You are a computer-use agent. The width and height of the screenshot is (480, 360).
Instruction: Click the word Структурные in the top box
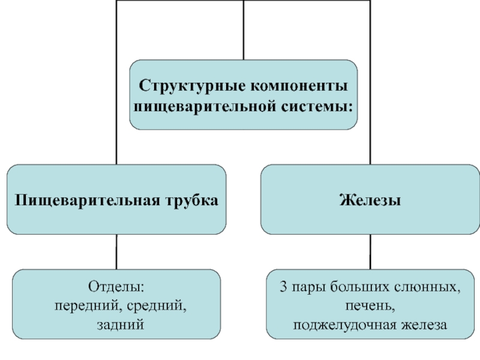(x=192, y=85)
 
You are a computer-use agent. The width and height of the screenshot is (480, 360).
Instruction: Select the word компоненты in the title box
(x=299, y=86)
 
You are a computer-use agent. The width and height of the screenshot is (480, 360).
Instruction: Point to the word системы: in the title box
(x=317, y=107)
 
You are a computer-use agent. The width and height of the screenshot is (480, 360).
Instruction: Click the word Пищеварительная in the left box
(x=87, y=200)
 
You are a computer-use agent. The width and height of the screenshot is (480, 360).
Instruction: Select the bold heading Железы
(x=370, y=200)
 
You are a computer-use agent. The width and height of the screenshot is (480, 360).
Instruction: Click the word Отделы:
(x=116, y=287)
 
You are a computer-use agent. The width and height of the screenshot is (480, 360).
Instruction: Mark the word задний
(x=121, y=325)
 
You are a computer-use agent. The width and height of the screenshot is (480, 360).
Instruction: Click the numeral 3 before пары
(x=284, y=287)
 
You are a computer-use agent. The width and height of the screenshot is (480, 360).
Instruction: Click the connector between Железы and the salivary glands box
(x=370, y=252)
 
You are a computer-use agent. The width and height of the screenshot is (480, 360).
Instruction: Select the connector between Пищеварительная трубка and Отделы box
(x=116, y=252)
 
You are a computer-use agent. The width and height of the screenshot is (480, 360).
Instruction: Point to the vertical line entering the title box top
(x=244, y=30)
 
